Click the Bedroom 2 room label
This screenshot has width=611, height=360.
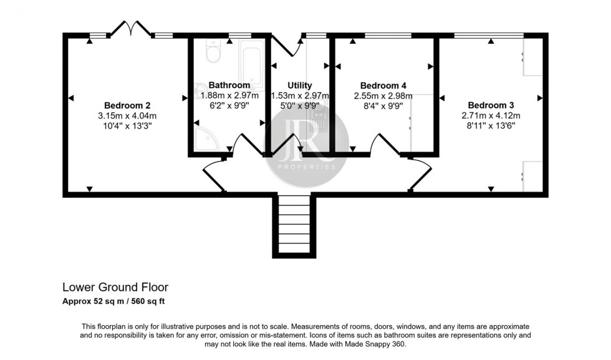point(127,105)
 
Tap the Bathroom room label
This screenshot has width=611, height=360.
point(229,85)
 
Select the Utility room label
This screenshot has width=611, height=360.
point(299,85)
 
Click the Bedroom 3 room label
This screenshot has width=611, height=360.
point(491,105)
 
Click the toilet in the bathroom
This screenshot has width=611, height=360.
point(212,53)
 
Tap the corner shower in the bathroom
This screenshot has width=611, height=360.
point(205,139)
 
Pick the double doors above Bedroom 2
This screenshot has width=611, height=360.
point(132,29)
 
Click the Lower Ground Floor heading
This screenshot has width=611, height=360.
point(115,288)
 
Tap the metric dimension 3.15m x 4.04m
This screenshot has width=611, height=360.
point(127,115)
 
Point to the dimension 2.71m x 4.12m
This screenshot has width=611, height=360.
point(491,115)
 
